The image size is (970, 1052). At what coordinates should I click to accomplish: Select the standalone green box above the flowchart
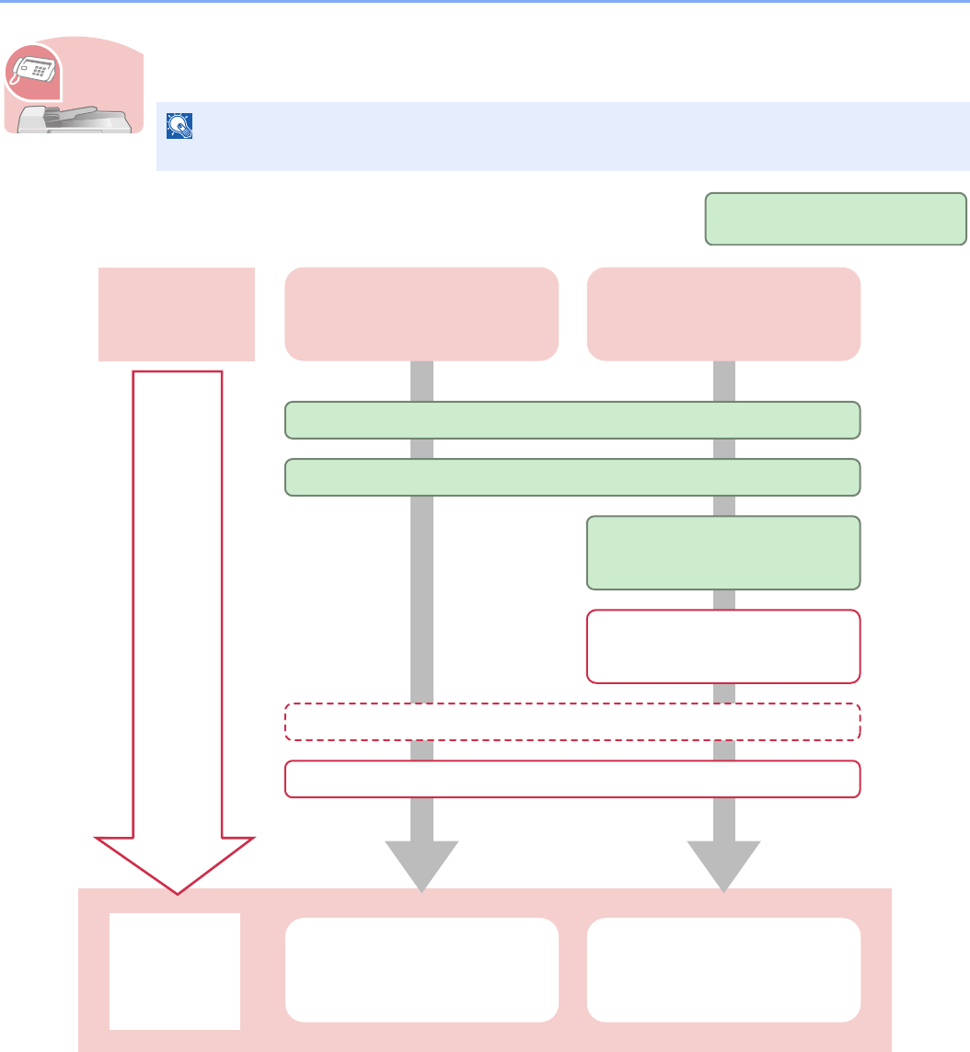836,219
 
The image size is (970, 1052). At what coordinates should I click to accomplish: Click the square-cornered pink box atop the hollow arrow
177,314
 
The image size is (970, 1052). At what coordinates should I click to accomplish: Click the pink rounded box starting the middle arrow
421,314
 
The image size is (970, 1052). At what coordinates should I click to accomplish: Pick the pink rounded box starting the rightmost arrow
723,314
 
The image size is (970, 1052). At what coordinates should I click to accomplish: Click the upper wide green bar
572,420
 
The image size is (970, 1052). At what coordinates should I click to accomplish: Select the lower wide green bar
572,477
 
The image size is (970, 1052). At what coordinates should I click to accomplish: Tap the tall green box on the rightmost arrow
723,553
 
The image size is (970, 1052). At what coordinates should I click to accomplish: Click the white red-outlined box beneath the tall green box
723,646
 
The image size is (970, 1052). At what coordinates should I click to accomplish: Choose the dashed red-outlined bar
572,722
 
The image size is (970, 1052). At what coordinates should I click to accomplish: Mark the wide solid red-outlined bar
572,779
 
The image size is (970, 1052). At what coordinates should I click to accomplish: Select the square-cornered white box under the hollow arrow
175,971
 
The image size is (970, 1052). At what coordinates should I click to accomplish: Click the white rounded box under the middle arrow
421,969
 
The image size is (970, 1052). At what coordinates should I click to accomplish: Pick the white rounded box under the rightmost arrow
723,969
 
